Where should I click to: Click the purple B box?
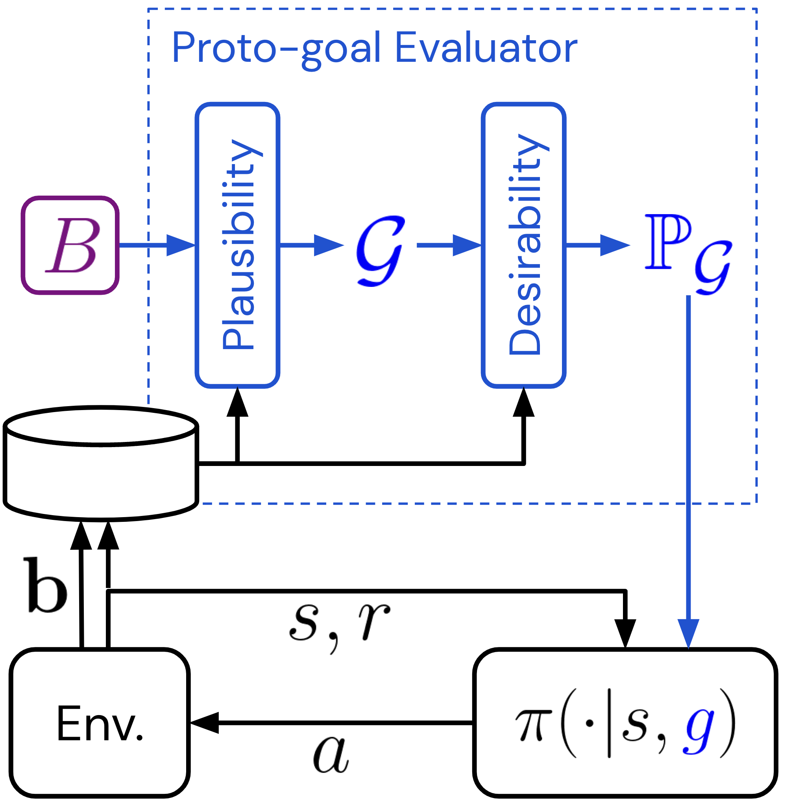tap(70, 245)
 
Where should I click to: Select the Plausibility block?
tap(237, 245)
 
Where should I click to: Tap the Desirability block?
tap(523, 245)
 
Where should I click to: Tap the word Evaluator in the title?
tap(486, 48)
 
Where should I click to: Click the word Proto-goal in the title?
tap(276, 48)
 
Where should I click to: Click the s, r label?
tap(338, 623)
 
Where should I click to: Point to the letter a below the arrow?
tap(331, 754)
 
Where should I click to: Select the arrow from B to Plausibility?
tap(158, 245)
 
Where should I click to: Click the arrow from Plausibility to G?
tap(312, 245)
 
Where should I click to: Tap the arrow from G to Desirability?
tap(449, 245)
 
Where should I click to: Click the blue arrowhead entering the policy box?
tap(688, 634)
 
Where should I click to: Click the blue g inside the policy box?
tap(699, 728)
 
